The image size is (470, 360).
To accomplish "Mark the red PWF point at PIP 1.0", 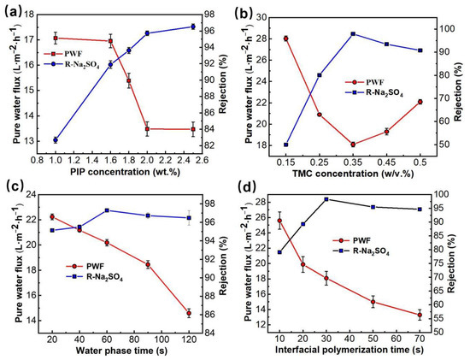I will (56, 38).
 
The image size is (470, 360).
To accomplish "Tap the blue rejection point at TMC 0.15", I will (285, 145).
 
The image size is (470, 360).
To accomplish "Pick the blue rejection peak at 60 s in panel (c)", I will (107, 210).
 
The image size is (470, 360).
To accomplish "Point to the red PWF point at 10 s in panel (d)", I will (279, 221).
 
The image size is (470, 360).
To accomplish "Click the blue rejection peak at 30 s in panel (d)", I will (326, 199).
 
